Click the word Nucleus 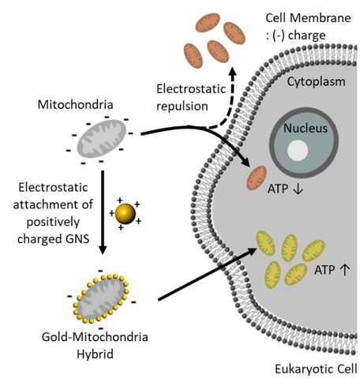point(306,128)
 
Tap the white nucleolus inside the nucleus point(298,151)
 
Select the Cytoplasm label point(316,82)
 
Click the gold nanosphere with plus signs point(126,214)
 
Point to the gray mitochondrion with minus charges point(102,139)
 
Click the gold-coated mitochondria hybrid point(101,298)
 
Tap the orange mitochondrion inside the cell point(257,178)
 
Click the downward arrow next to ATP point(298,189)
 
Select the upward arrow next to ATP point(345,270)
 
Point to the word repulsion point(182,107)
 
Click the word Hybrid point(95,354)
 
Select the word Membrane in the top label point(320,18)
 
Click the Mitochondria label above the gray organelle point(76,104)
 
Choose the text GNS point(77,239)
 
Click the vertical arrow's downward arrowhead point(103,249)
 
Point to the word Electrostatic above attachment point(53,188)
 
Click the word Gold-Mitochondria point(95,337)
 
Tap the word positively point(53,223)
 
